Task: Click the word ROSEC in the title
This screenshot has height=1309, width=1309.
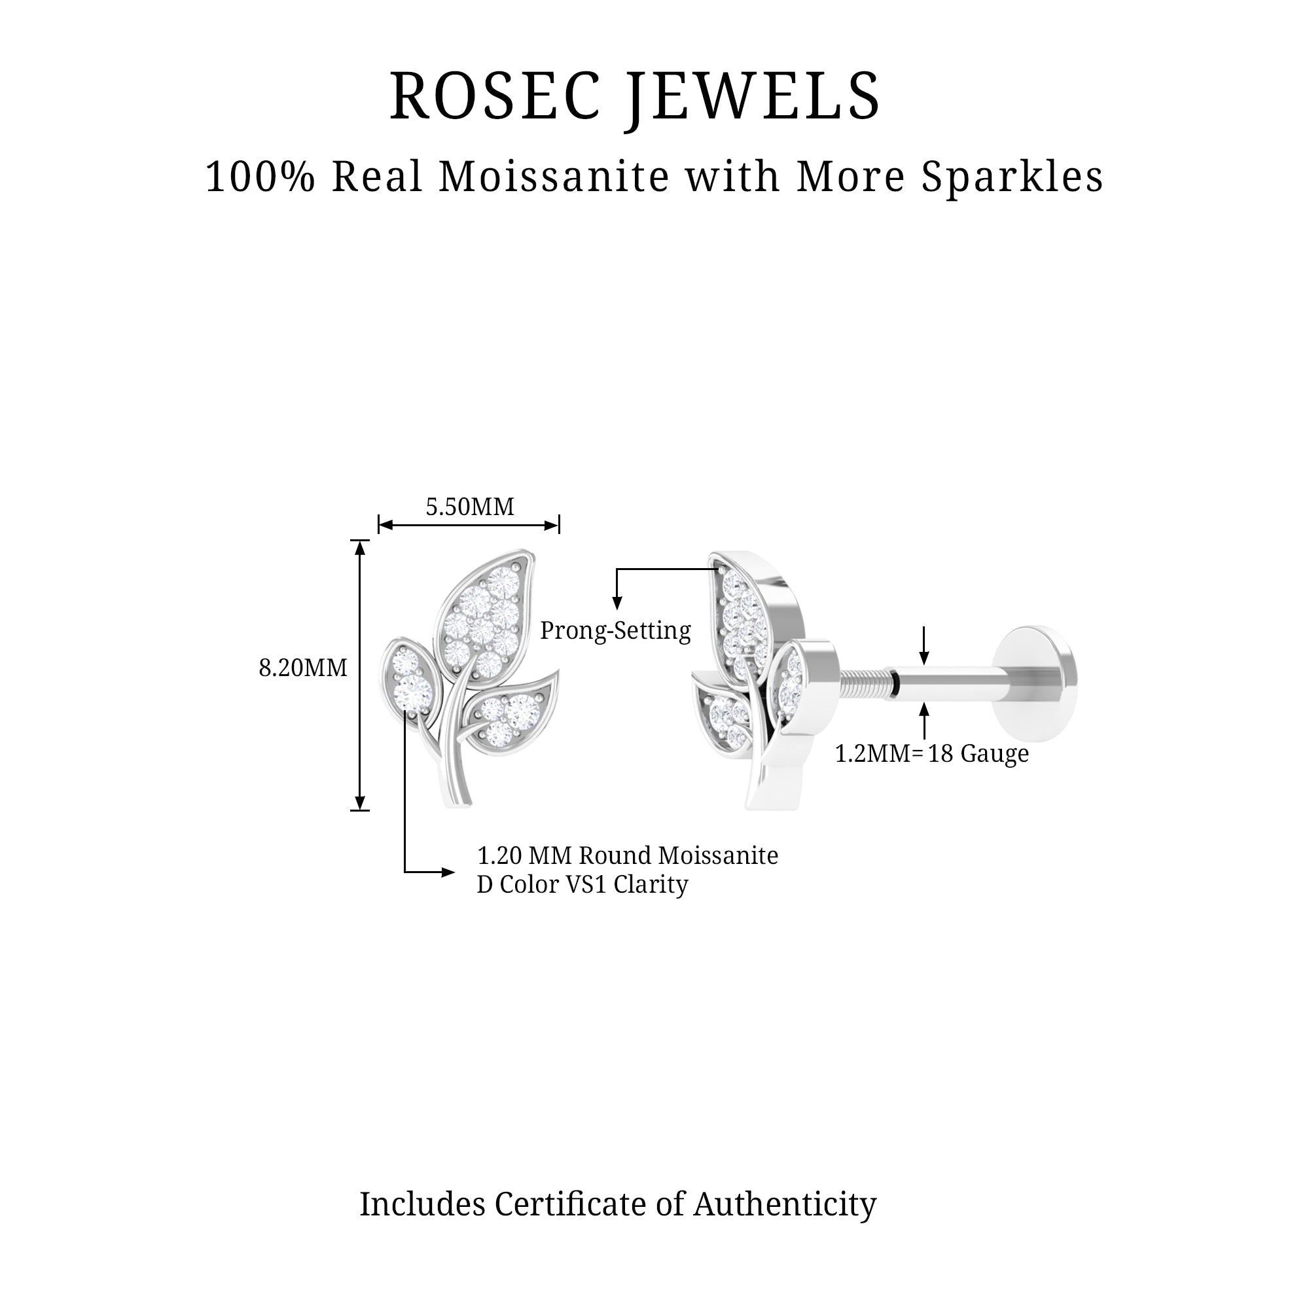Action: point(494,97)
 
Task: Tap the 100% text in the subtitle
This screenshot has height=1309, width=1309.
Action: point(260,177)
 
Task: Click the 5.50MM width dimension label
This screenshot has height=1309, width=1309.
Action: point(469,507)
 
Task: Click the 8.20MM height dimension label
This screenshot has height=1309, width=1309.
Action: point(303,668)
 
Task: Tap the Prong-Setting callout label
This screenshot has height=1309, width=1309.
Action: point(615,631)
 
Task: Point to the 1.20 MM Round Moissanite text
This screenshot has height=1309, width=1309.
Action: point(628,855)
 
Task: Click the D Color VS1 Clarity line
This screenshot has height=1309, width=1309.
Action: point(583,885)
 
